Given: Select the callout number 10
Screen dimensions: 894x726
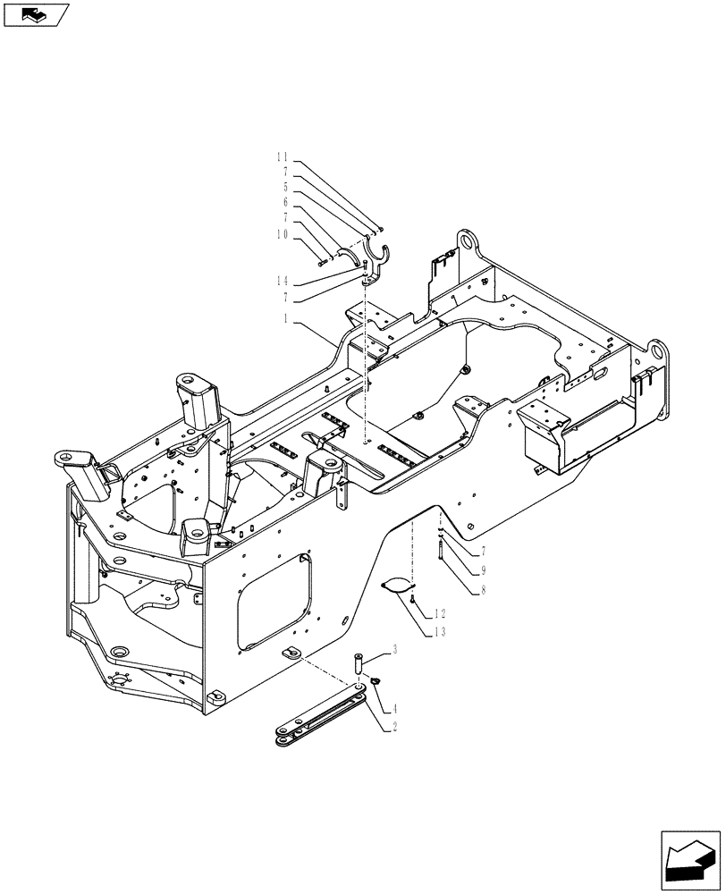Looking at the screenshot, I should (x=283, y=235).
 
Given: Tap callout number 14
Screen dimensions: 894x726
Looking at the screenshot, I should (x=283, y=281).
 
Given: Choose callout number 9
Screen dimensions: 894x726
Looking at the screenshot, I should (x=483, y=569).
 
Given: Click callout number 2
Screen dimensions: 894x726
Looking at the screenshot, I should (x=393, y=728).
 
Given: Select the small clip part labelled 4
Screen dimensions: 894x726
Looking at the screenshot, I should (x=376, y=684).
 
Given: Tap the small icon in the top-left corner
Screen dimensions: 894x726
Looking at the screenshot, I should (x=35, y=14).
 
